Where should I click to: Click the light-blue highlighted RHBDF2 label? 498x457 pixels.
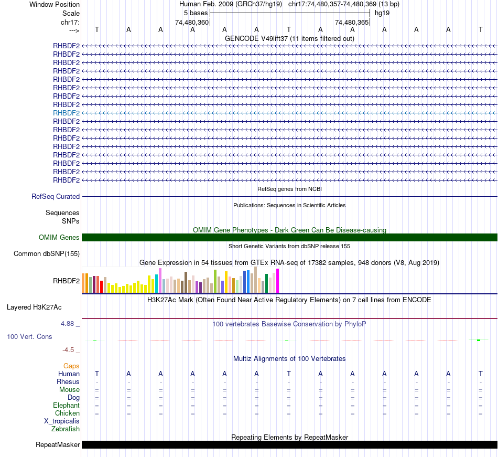[66, 113]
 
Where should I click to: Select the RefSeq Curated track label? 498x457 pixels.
[56, 197]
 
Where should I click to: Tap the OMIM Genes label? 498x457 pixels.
[59, 238]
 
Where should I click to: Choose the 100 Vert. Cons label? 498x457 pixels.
[29, 336]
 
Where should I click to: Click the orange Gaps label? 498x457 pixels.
[71, 366]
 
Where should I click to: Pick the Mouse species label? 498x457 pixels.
[69, 390]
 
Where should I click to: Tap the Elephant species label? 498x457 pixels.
[66, 406]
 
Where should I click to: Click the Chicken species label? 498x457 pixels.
[67, 413]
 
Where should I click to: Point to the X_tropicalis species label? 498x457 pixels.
[62, 421]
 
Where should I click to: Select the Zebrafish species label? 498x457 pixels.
[66, 429]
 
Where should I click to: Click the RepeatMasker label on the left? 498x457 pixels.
[58, 445]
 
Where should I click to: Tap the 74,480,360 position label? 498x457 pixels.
[192, 23]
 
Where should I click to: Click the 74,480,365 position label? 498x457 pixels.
[352, 23]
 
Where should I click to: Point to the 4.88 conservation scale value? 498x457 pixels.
[68, 324]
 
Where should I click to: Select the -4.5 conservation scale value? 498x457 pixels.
[70, 350]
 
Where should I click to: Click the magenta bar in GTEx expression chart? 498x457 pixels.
[278, 281]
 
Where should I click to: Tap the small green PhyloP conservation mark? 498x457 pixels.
[479, 340]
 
